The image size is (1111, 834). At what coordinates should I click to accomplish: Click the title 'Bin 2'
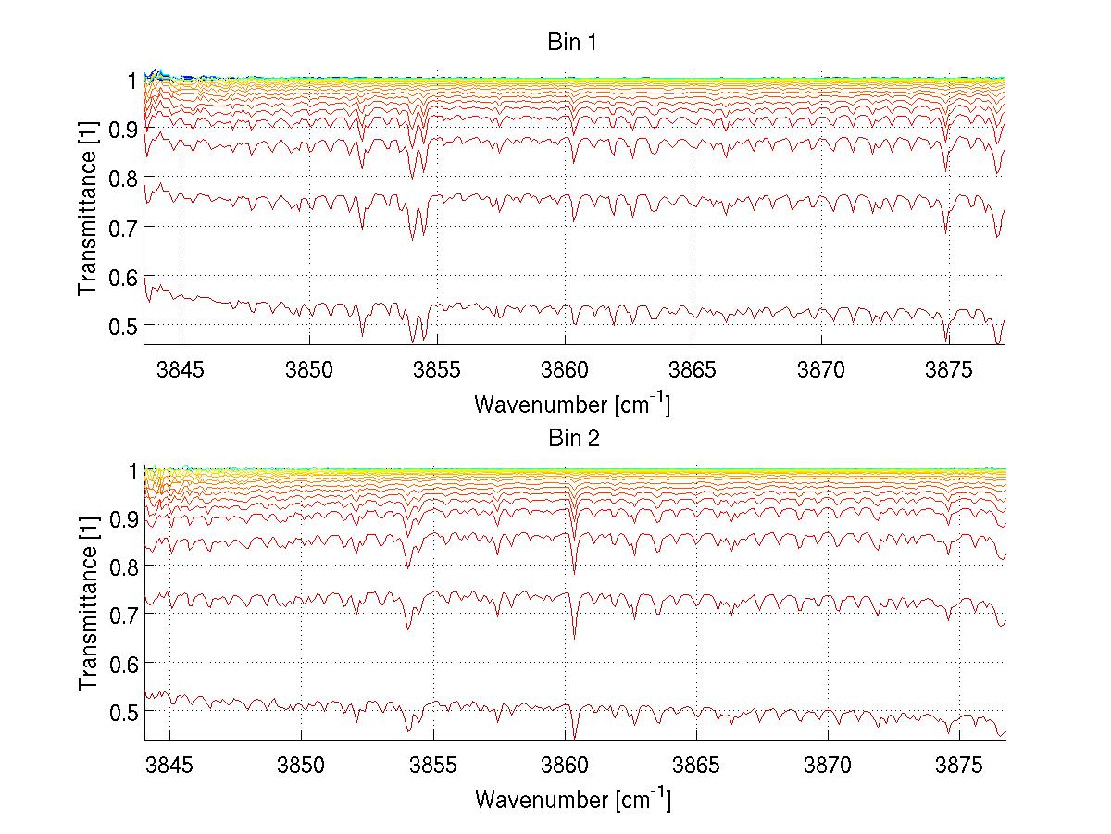572,438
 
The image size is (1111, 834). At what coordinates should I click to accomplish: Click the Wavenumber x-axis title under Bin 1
572,405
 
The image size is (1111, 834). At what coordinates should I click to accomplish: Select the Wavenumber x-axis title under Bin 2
572,799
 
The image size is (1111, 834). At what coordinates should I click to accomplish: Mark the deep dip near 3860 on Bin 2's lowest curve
574,736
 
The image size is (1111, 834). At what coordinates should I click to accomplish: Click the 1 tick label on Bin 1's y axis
133,81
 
